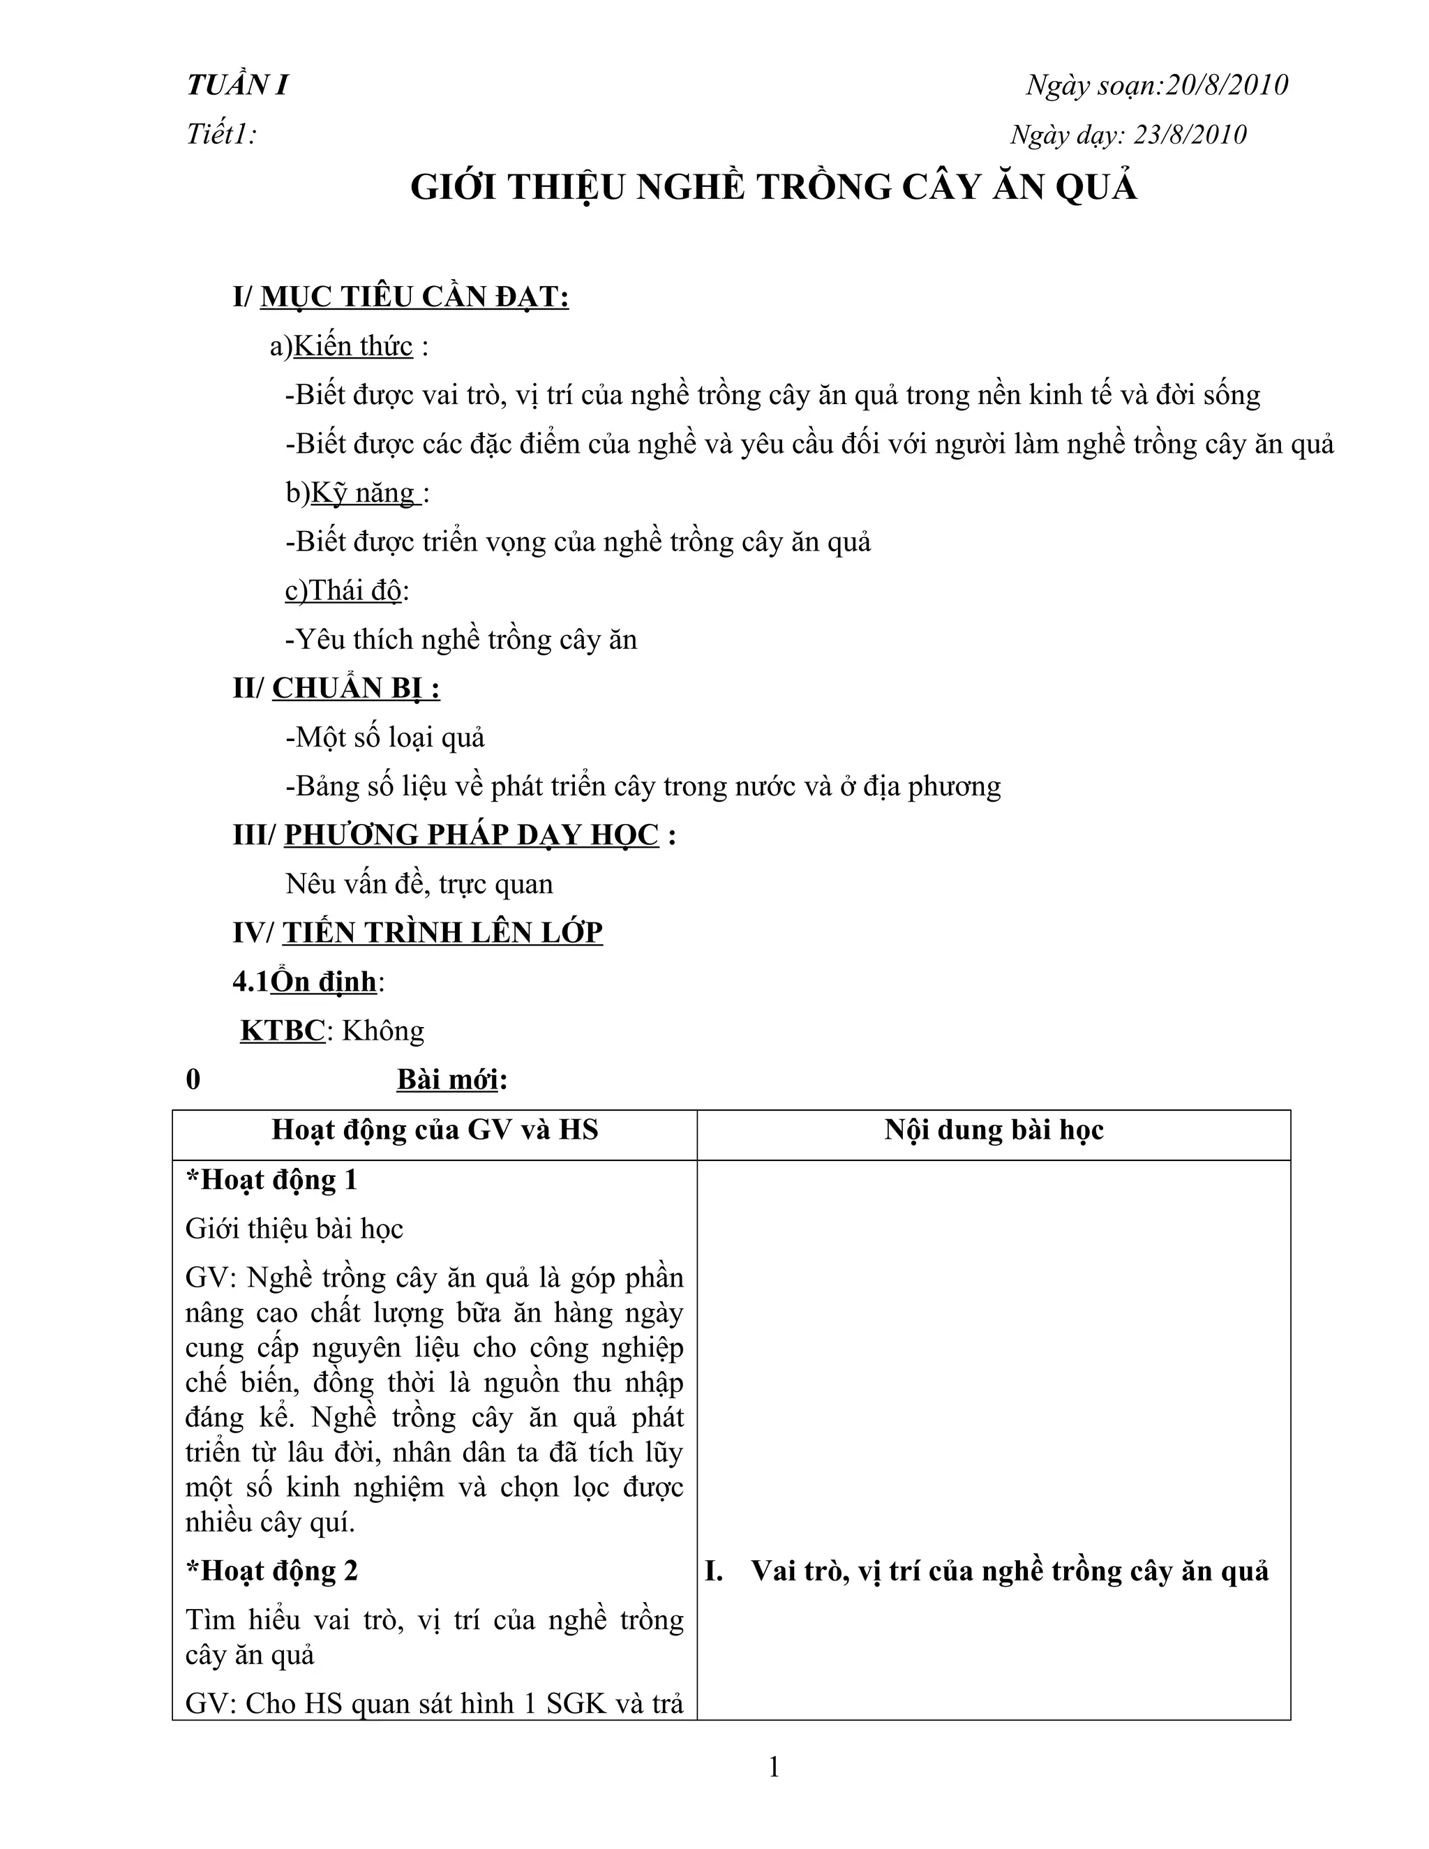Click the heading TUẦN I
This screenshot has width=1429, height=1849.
coord(238,86)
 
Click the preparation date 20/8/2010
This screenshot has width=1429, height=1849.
coord(1226,86)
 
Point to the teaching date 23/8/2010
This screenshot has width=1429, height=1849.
coord(1190,135)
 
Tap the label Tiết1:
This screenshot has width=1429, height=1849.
coord(222,135)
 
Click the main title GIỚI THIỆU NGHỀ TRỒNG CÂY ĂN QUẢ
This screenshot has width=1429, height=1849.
coord(774,188)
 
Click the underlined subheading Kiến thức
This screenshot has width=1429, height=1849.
coord(353,346)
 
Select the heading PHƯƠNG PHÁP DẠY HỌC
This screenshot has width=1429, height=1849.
coord(471,836)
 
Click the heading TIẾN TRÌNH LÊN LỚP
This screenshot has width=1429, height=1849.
coord(443,933)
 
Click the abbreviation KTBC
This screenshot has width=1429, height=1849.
coord(283,1031)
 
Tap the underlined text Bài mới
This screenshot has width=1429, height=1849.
coord(448,1080)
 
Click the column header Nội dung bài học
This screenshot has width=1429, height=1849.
coord(994,1130)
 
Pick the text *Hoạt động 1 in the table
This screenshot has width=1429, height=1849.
coord(271,1180)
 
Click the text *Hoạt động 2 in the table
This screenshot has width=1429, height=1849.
coord(271,1571)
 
